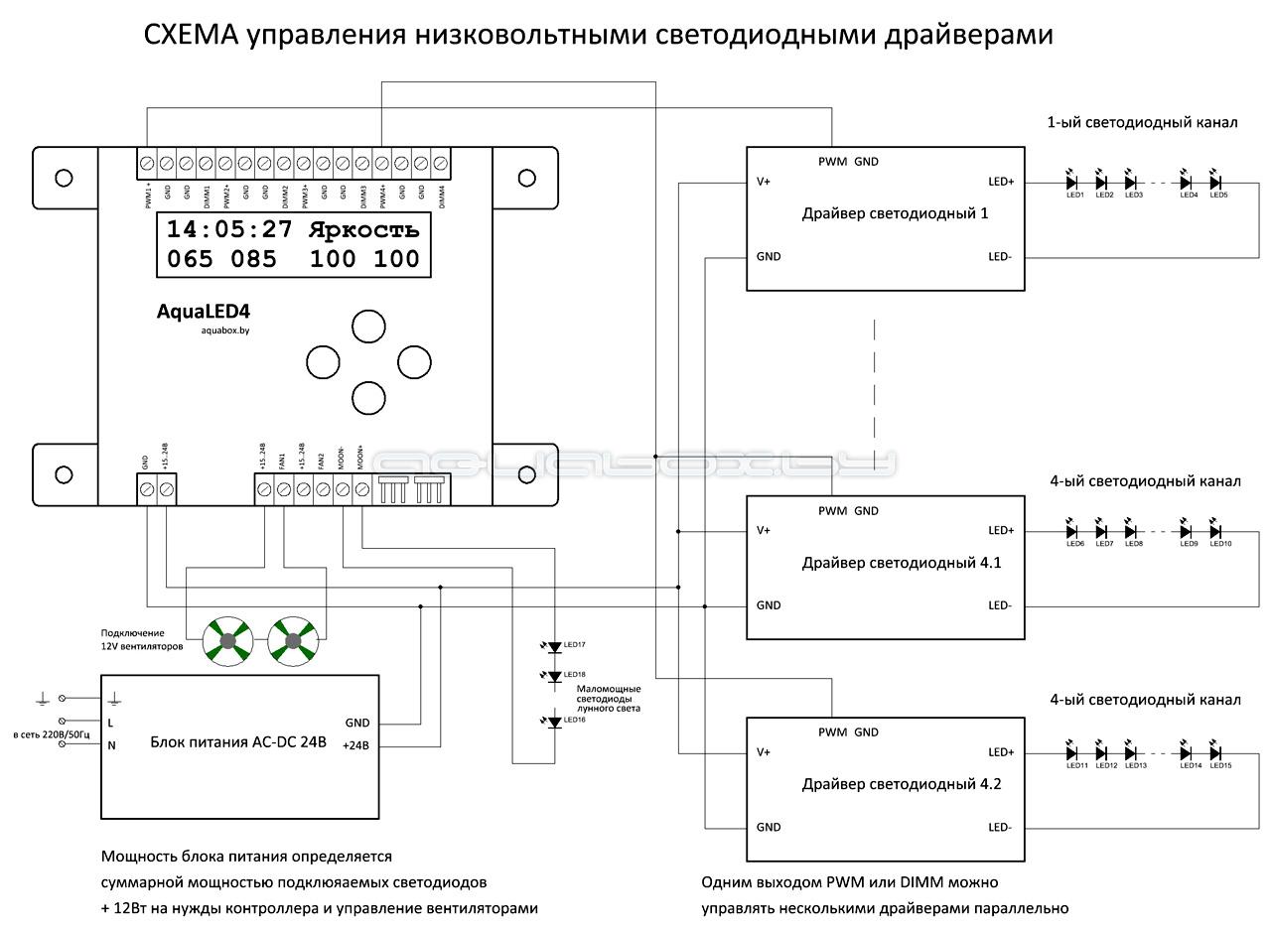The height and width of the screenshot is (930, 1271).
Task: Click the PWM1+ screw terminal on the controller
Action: [147, 162]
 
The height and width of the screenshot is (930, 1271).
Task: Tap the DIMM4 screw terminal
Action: [441, 162]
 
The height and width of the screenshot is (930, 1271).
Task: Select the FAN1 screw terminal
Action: [283, 488]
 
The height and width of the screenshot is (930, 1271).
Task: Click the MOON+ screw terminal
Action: [361, 488]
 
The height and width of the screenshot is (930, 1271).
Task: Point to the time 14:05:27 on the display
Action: [229, 230]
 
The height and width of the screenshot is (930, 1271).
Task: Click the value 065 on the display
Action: [190, 260]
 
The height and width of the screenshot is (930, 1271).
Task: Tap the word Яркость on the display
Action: [363, 230]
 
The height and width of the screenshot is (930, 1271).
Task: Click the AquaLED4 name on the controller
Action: [203, 312]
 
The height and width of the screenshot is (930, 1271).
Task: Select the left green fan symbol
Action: [227, 640]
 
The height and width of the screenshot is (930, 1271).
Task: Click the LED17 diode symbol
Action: [554, 646]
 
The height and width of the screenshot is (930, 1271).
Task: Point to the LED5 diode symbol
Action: [1215, 183]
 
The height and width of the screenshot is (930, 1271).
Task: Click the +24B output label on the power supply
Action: [356, 745]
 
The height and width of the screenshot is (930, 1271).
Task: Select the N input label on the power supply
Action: [111, 745]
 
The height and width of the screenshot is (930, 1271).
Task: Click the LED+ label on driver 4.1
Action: [1001, 530]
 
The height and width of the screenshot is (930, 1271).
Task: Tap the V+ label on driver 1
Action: [764, 182]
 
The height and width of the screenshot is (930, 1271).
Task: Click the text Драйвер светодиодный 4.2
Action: [901, 784]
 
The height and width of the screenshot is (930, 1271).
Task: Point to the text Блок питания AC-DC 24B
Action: [238, 741]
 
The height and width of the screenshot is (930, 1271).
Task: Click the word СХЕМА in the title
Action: [191, 35]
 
